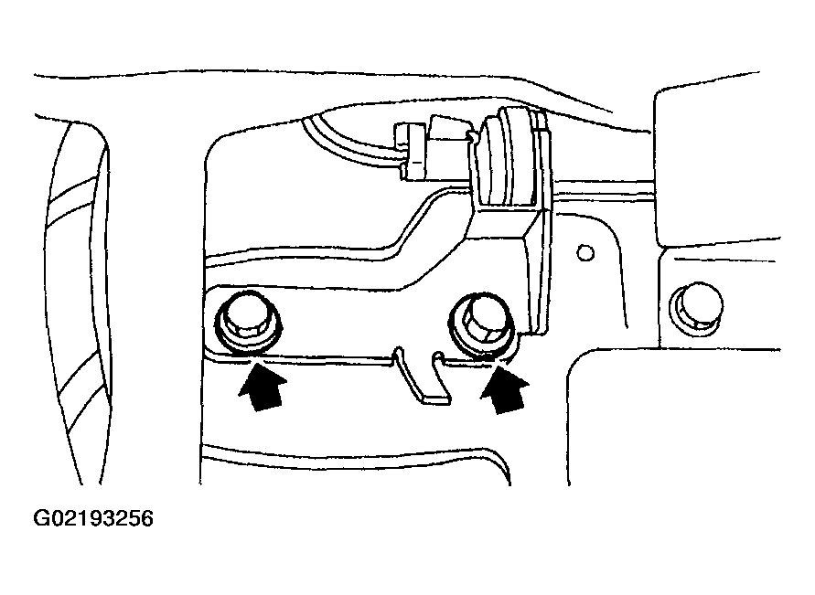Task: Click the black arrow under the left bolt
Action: tap(263, 387)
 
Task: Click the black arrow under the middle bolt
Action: tap(505, 388)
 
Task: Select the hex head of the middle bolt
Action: tap(481, 319)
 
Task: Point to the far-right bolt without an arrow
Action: tap(696, 306)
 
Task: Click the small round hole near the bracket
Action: tap(585, 253)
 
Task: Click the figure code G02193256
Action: tap(93, 518)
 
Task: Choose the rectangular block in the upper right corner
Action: tap(717, 166)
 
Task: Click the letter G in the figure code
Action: tap(40, 518)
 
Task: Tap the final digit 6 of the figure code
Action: tap(147, 518)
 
